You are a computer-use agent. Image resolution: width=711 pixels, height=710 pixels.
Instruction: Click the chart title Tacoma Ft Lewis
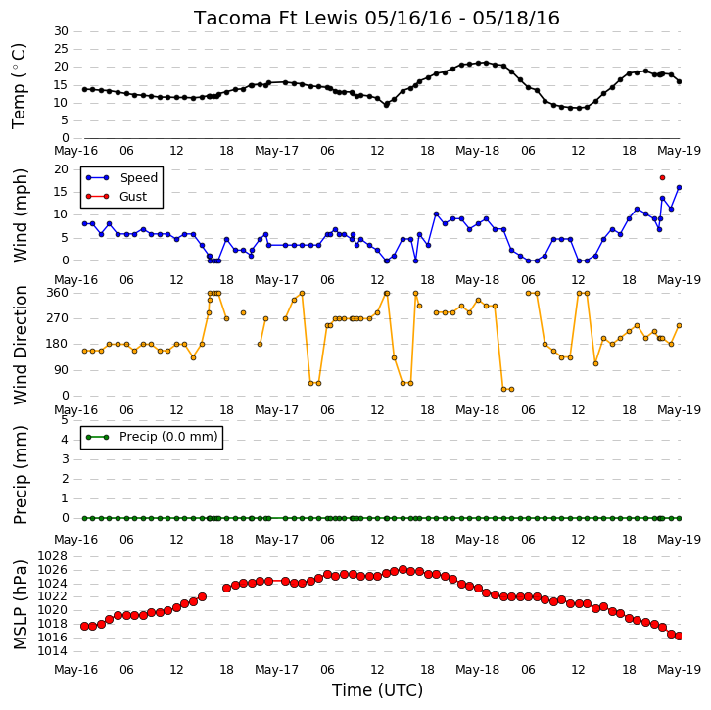point(276,19)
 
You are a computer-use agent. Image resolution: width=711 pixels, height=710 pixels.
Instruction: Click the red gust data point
point(662,177)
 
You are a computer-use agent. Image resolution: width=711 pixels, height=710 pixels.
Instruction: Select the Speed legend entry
point(121,177)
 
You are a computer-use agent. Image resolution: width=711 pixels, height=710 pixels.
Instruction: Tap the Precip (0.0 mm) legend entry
point(152,437)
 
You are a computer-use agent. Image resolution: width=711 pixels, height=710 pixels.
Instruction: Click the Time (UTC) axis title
point(377,690)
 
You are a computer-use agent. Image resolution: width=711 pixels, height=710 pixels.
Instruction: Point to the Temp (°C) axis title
point(19,86)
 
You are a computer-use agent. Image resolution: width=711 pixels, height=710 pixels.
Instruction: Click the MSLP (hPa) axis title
point(20,604)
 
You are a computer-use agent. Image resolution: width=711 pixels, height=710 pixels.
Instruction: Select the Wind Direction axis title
point(20,346)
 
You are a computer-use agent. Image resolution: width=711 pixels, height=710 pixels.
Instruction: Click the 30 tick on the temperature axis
point(62,31)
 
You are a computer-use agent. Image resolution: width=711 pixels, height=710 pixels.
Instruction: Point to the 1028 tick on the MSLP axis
point(52,556)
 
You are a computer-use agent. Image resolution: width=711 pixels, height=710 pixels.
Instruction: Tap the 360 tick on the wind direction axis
point(58,293)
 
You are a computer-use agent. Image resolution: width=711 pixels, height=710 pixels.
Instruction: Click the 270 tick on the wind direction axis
point(58,318)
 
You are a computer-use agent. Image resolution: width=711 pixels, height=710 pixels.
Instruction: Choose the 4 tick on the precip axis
point(65,440)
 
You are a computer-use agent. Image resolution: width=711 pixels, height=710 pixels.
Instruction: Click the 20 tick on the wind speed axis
point(62,169)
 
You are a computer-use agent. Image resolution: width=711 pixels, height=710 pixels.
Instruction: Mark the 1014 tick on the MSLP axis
point(52,651)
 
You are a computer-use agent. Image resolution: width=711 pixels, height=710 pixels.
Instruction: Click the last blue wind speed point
point(679,187)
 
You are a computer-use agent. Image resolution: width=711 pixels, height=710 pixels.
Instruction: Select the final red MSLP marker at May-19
point(679,637)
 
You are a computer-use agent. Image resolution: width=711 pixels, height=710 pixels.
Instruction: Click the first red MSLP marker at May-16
point(84,626)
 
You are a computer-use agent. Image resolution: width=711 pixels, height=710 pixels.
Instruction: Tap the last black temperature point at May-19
point(679,82)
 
